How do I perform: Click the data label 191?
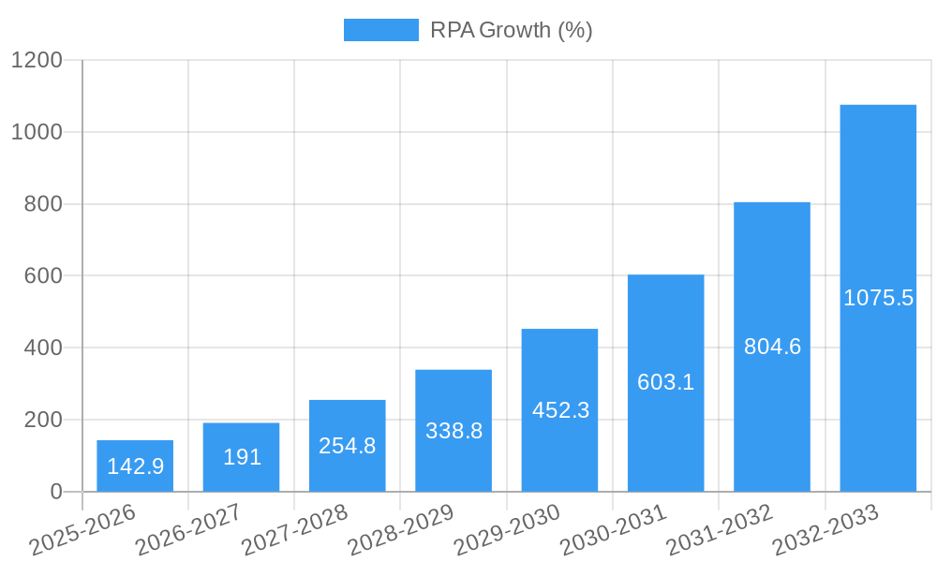point(242,457)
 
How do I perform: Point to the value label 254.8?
point(348,446)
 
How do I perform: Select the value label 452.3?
point(560,410)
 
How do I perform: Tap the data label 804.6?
point(772,347)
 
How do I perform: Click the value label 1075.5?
point(878,298)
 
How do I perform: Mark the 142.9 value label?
point(135,466)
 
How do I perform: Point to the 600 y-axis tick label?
point(43,276)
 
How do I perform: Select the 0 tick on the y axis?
point(55,492)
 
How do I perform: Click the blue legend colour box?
point(381,31)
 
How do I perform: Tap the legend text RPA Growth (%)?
point(512,31)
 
